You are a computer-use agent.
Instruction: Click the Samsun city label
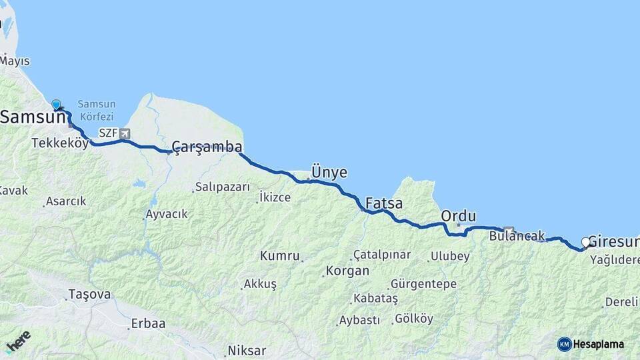32,117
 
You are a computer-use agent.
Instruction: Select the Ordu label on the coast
459,216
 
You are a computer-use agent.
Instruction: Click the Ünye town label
329,173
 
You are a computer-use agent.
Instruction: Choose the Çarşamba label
207,147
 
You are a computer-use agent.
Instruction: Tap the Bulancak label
517,236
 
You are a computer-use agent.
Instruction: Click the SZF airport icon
124,133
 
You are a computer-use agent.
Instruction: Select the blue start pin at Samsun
57,105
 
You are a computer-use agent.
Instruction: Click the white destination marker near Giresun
586,243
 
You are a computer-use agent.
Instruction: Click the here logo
18,341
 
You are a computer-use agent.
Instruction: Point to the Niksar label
247,351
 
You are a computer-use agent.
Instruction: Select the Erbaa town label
148,323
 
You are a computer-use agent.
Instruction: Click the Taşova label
89,294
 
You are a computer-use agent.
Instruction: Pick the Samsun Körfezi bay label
97,109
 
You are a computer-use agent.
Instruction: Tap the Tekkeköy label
60,143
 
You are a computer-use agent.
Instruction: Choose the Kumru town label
279,256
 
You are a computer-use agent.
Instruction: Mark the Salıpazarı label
222,187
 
